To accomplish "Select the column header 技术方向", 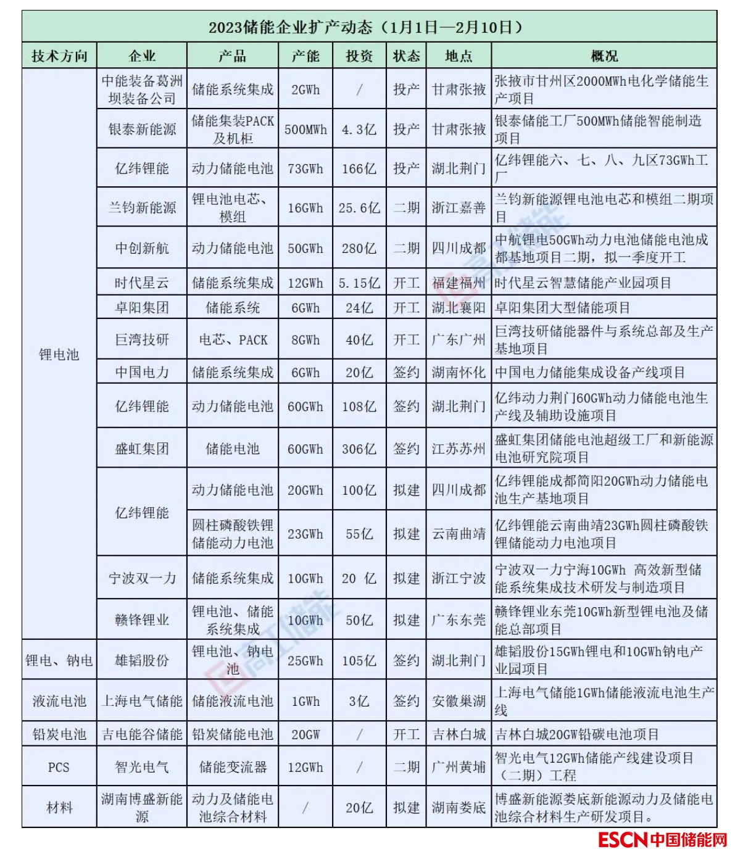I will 59,56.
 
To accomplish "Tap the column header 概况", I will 604,56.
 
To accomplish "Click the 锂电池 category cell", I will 59,354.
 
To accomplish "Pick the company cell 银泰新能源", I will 142,129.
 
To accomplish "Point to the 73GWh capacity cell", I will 305,168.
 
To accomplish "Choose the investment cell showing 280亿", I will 359,248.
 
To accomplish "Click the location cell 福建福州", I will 459,283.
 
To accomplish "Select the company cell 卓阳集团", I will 142,307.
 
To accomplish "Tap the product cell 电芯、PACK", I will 233,339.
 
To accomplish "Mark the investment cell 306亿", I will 359,449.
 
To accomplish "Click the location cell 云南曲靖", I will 459,534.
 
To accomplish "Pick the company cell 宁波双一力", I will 142,578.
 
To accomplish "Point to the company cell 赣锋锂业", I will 142,620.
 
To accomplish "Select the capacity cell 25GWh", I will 305,660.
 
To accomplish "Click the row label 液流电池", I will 59,701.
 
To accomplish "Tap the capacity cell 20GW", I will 305,734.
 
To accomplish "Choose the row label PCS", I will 59,767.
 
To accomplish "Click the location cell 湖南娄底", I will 459,807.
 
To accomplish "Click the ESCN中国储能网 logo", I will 662,840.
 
